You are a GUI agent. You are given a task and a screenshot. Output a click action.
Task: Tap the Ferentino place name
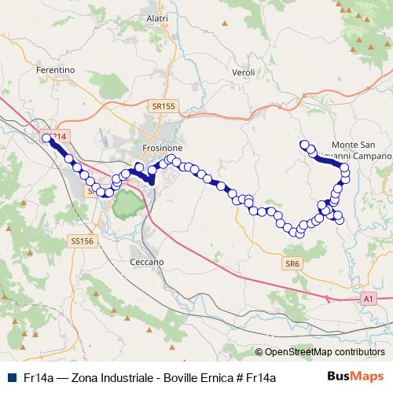[x=55, y=70]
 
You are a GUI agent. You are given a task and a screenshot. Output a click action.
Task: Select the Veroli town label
[x=244, y=72]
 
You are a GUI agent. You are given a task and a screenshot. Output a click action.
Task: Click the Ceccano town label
[x=146, y=261]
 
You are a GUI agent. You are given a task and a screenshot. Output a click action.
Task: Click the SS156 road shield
[x=80, y=241]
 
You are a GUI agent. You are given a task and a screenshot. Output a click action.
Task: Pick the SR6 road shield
[x=293, y=263]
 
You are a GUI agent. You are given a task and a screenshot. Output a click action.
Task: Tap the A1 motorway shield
[x=367, y=299]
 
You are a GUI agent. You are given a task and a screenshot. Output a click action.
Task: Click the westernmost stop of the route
[x=46, y=138]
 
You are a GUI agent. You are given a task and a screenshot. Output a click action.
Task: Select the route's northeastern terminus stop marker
[x=304, y=144]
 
